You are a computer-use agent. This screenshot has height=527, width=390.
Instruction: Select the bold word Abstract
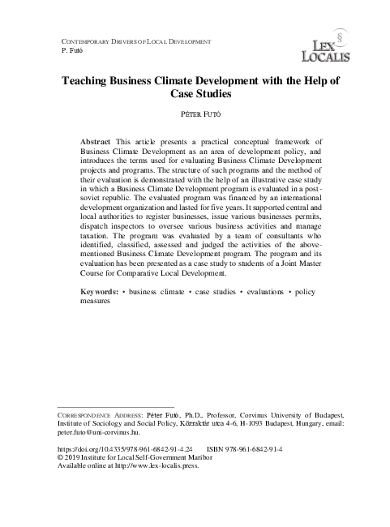pos(96,141)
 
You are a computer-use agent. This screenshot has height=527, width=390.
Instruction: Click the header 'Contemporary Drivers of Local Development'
pos(136,41)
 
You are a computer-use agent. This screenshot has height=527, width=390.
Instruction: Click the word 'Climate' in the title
pos(191,83)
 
